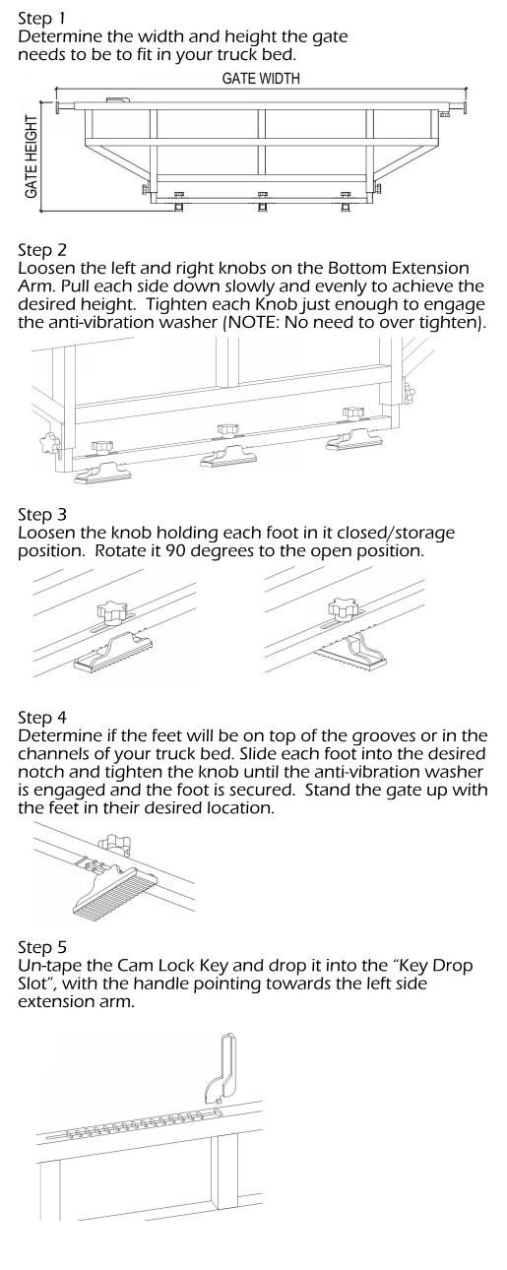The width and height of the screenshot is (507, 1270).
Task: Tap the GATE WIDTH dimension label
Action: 261,79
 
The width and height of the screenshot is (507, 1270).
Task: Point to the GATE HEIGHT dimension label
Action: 32,158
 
